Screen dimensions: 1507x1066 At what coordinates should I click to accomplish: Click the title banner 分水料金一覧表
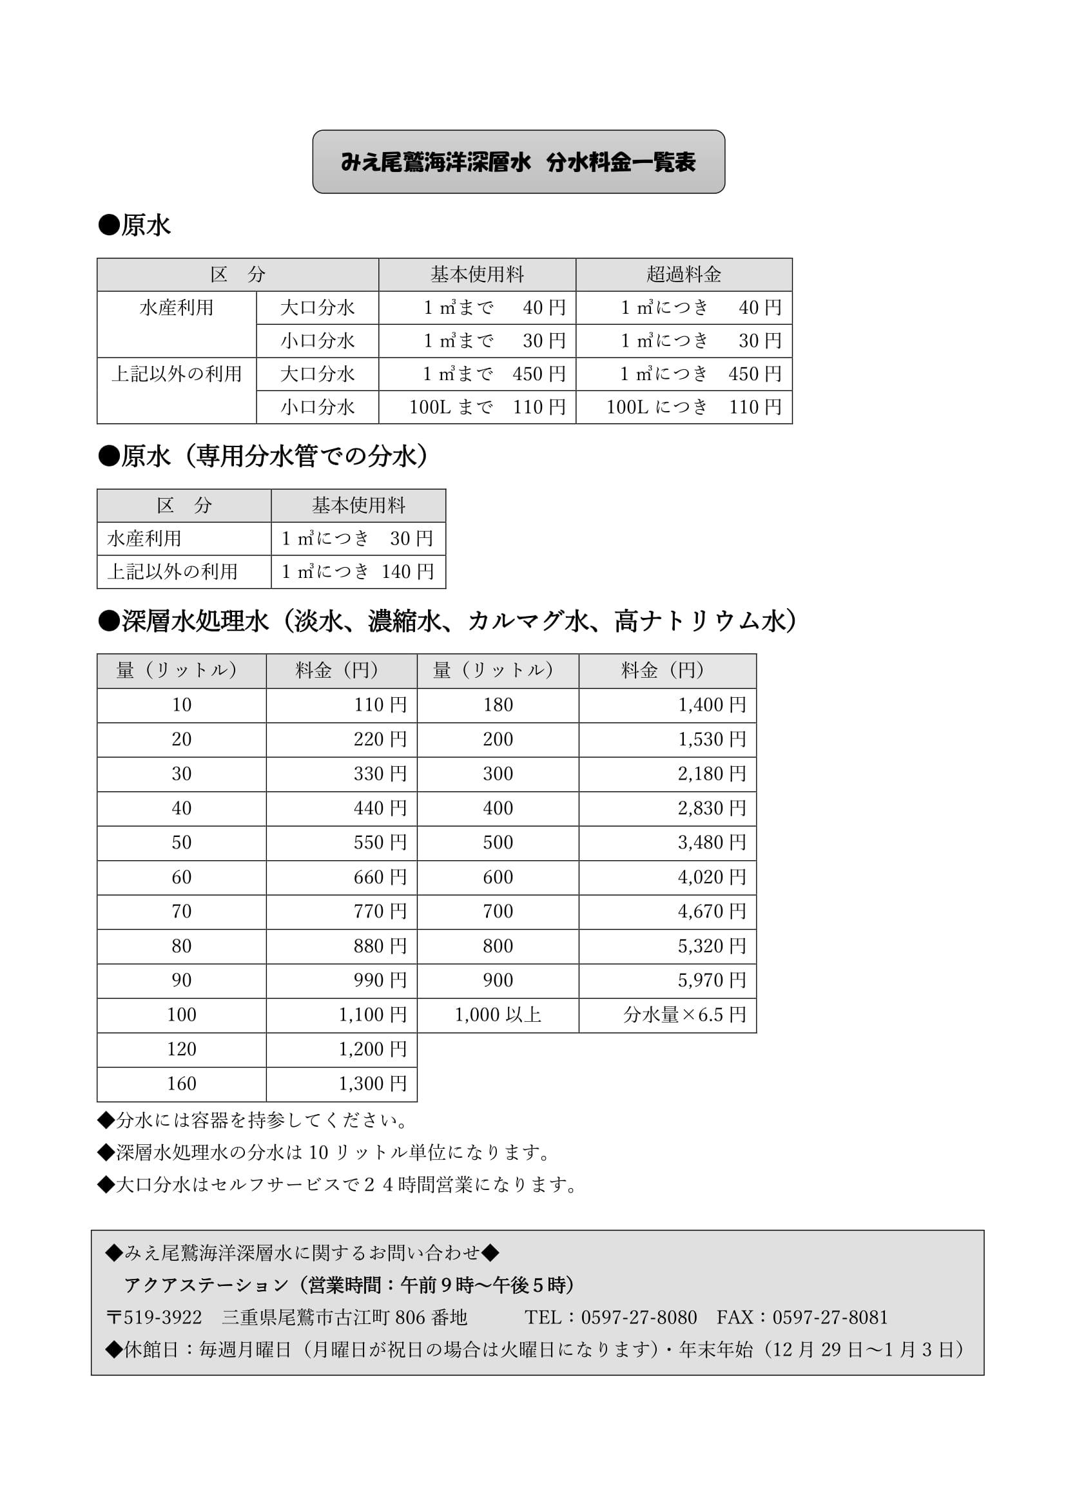[518, 162]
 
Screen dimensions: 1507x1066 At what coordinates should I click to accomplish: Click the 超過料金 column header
[683, 274]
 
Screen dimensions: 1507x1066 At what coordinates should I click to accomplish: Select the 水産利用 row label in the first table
[176, 308]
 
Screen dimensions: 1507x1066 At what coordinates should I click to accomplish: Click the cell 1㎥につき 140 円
[358, 571]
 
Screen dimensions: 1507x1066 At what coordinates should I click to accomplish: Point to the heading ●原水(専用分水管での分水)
[263, 456]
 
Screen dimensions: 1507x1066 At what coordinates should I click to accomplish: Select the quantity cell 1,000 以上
[498, 1015]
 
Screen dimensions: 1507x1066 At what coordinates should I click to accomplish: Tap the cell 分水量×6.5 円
[684, 1015]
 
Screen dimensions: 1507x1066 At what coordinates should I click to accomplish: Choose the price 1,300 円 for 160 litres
[372, 1084]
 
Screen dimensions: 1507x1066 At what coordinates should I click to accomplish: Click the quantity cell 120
[181, 1049]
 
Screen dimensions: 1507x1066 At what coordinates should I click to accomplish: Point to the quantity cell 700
[498, 911]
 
